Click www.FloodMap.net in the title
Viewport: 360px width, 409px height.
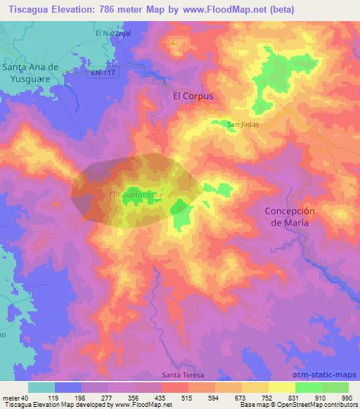tap(224, 10)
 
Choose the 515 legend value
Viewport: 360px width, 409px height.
tap(186, 397)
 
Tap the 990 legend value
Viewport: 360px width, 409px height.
tap(347, 397)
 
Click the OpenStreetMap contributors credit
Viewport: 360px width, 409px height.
tap(320, 405)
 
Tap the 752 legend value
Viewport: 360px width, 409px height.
tap(266, 397)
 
